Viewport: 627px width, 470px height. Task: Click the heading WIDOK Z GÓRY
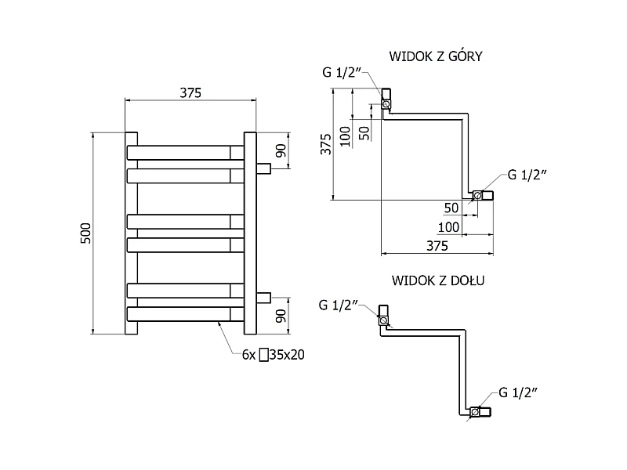click(x=436, y=56)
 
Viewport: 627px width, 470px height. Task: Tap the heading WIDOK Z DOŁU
click(x=438, y=280)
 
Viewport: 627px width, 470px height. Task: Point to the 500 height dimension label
click(x=86, y=233)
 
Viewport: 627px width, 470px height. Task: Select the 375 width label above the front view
click(x=190, y=92)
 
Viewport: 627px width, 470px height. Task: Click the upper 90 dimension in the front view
click(x=281, y=150)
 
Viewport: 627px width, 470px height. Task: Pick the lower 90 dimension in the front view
click(x=281, y=316)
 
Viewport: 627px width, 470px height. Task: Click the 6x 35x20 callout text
click(x=273, y=355)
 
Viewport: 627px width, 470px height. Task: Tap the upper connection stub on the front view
click(x=263, y=168)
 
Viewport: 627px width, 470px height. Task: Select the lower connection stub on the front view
click(x=263, y=298)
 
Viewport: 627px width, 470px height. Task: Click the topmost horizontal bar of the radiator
click(x=185, y=153)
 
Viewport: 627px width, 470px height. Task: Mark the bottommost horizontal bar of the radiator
click(x=185, y=314)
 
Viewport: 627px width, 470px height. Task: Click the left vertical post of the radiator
click(x=131, y=233)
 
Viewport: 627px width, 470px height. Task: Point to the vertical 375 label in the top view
click(x=326, y=144)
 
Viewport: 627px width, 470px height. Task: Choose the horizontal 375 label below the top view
click(x=437, y=246)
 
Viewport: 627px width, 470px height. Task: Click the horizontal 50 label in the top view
click(x=451, y=208)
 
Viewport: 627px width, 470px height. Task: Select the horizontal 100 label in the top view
click(x=448, y=227)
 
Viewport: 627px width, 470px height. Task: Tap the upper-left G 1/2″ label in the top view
click(x=342, y=72)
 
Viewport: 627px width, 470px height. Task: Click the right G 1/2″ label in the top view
click(x=527, y=175)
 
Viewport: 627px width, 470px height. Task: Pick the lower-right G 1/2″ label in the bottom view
click(x=518, y=392)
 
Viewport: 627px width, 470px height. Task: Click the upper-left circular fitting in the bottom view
click(x=383, y=320)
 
